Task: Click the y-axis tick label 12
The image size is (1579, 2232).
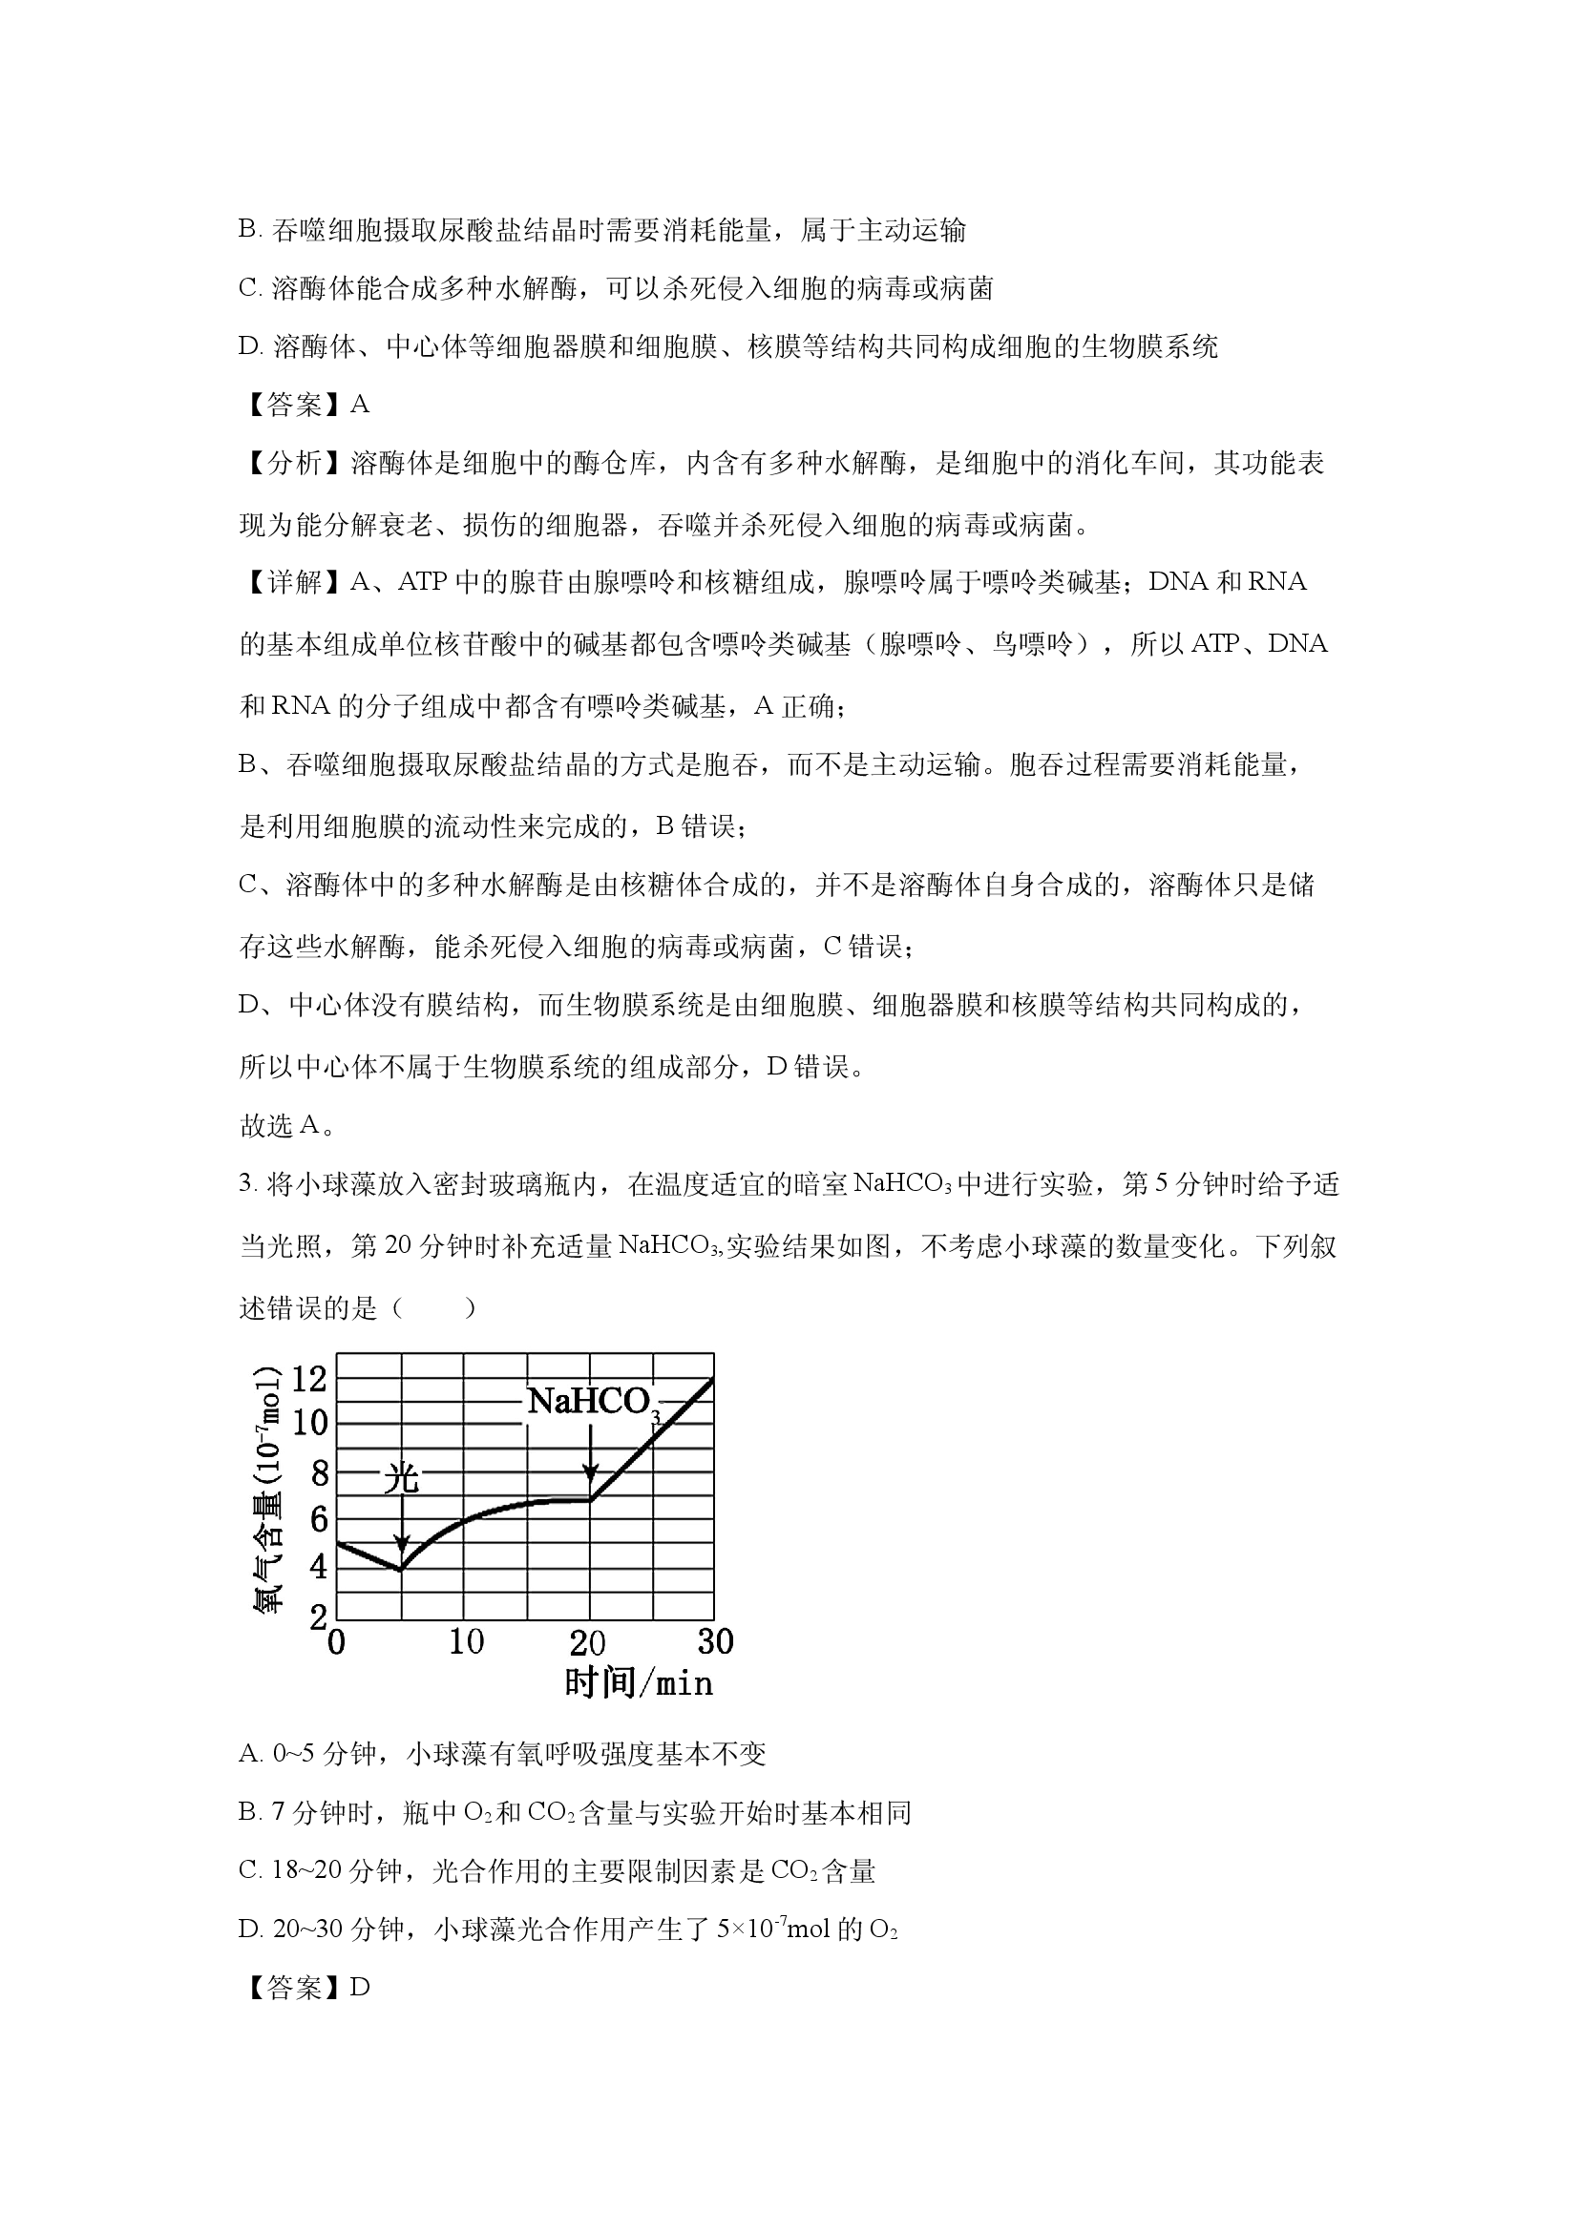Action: (x=310, y=1378)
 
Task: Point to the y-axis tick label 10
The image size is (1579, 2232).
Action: (x=310, y=1423)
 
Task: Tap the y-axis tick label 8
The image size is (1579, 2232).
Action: (x=319, y=1473)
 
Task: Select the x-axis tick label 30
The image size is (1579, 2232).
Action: (x=716, y=1642)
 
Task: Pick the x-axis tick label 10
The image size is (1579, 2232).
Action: (x=466, y=1642)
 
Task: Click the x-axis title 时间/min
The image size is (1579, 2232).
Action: (x=639, y=1682)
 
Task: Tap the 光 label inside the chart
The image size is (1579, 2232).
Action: (x=401, y=1478)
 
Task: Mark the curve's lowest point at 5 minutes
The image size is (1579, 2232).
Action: (x=401, y=1568)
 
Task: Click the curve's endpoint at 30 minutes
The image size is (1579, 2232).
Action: (x=713, y=1379)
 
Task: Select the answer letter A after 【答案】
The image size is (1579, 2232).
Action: (x=360, y=405)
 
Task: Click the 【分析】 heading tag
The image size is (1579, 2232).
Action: (x=293, y=464)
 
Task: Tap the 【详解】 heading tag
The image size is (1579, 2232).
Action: (x=293, y=582)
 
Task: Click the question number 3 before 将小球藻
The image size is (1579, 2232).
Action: (x=245, y=1185)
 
